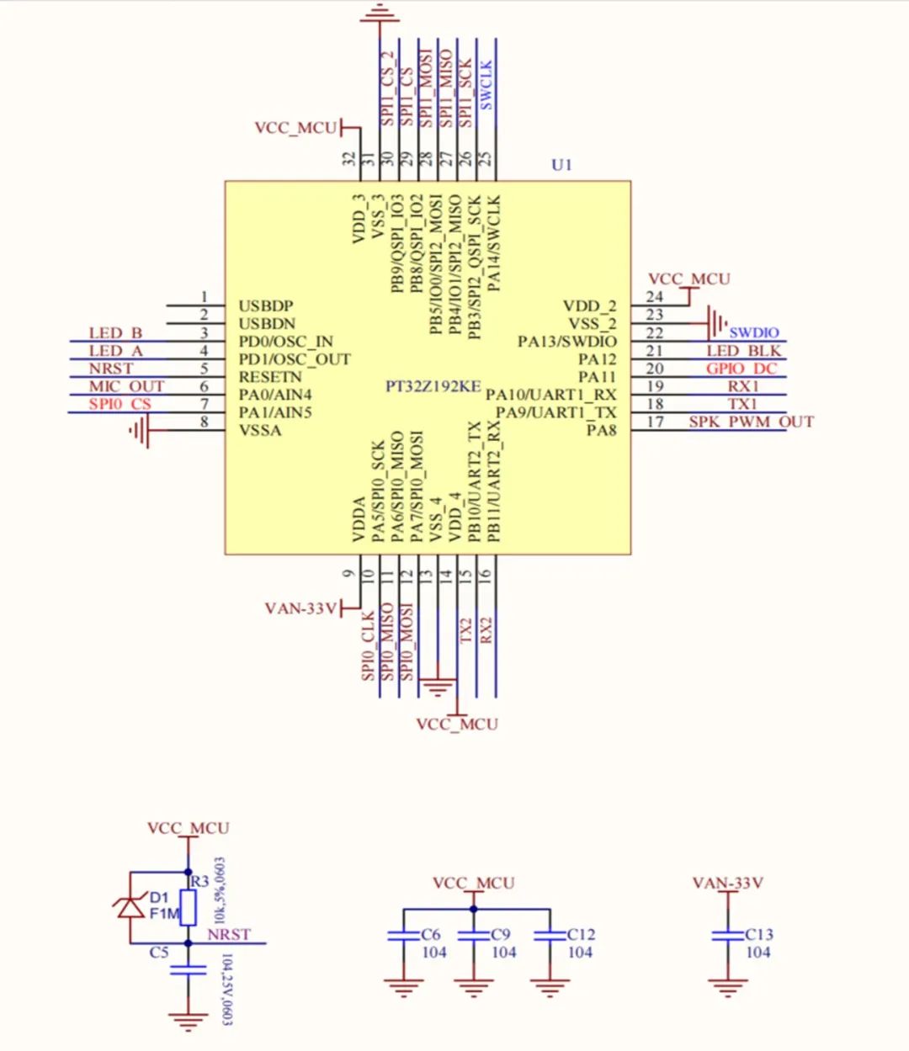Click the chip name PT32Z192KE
point(433,386)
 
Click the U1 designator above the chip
point(561,165)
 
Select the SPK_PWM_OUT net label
point(751,422)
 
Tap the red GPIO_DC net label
point(742,369)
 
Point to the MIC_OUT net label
point(127,386)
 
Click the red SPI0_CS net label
point(120,404)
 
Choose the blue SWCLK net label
point(486,86)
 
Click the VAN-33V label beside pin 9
point(300,608)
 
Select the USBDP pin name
point(266,306)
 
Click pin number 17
point(655,422)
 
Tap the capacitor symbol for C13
point(727,935)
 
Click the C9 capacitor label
point(501,934)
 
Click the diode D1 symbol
point(130,906)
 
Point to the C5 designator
point(159,953)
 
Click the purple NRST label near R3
point(229,934)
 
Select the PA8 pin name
point(601,431)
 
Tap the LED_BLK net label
point(743,351)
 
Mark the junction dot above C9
point(473,909)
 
